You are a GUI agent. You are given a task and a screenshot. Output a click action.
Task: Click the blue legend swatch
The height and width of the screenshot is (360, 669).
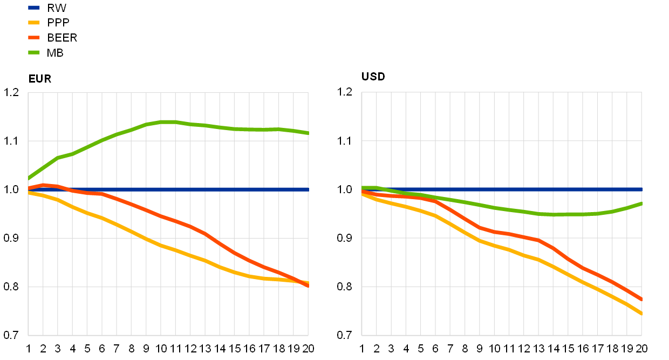pos(34,8)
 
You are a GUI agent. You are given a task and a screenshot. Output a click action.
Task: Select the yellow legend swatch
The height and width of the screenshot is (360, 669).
pos(34,23)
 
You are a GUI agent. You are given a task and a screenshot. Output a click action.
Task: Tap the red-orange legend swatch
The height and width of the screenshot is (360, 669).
pos(34,38)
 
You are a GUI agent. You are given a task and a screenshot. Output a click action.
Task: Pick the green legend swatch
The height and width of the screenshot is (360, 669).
pos(34,52)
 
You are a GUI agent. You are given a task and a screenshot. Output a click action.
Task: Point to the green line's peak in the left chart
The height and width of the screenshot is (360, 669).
pos(167,121)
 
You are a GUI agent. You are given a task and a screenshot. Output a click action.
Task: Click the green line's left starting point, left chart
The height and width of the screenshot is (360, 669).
pos(29,178)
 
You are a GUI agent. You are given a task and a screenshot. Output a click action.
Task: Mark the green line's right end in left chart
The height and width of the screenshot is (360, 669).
pos(308,133)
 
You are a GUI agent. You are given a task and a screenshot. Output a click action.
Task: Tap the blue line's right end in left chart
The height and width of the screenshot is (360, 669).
pos(308,189)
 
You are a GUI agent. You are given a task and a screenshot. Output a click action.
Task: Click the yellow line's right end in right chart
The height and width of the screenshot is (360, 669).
pos(641,313)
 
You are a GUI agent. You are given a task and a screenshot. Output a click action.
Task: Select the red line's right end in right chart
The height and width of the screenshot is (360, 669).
pos(641,298)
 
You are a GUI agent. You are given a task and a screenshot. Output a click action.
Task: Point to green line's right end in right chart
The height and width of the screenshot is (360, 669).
pos(641,203)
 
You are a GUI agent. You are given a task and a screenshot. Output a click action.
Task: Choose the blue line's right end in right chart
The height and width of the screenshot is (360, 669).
pos(641,189)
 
